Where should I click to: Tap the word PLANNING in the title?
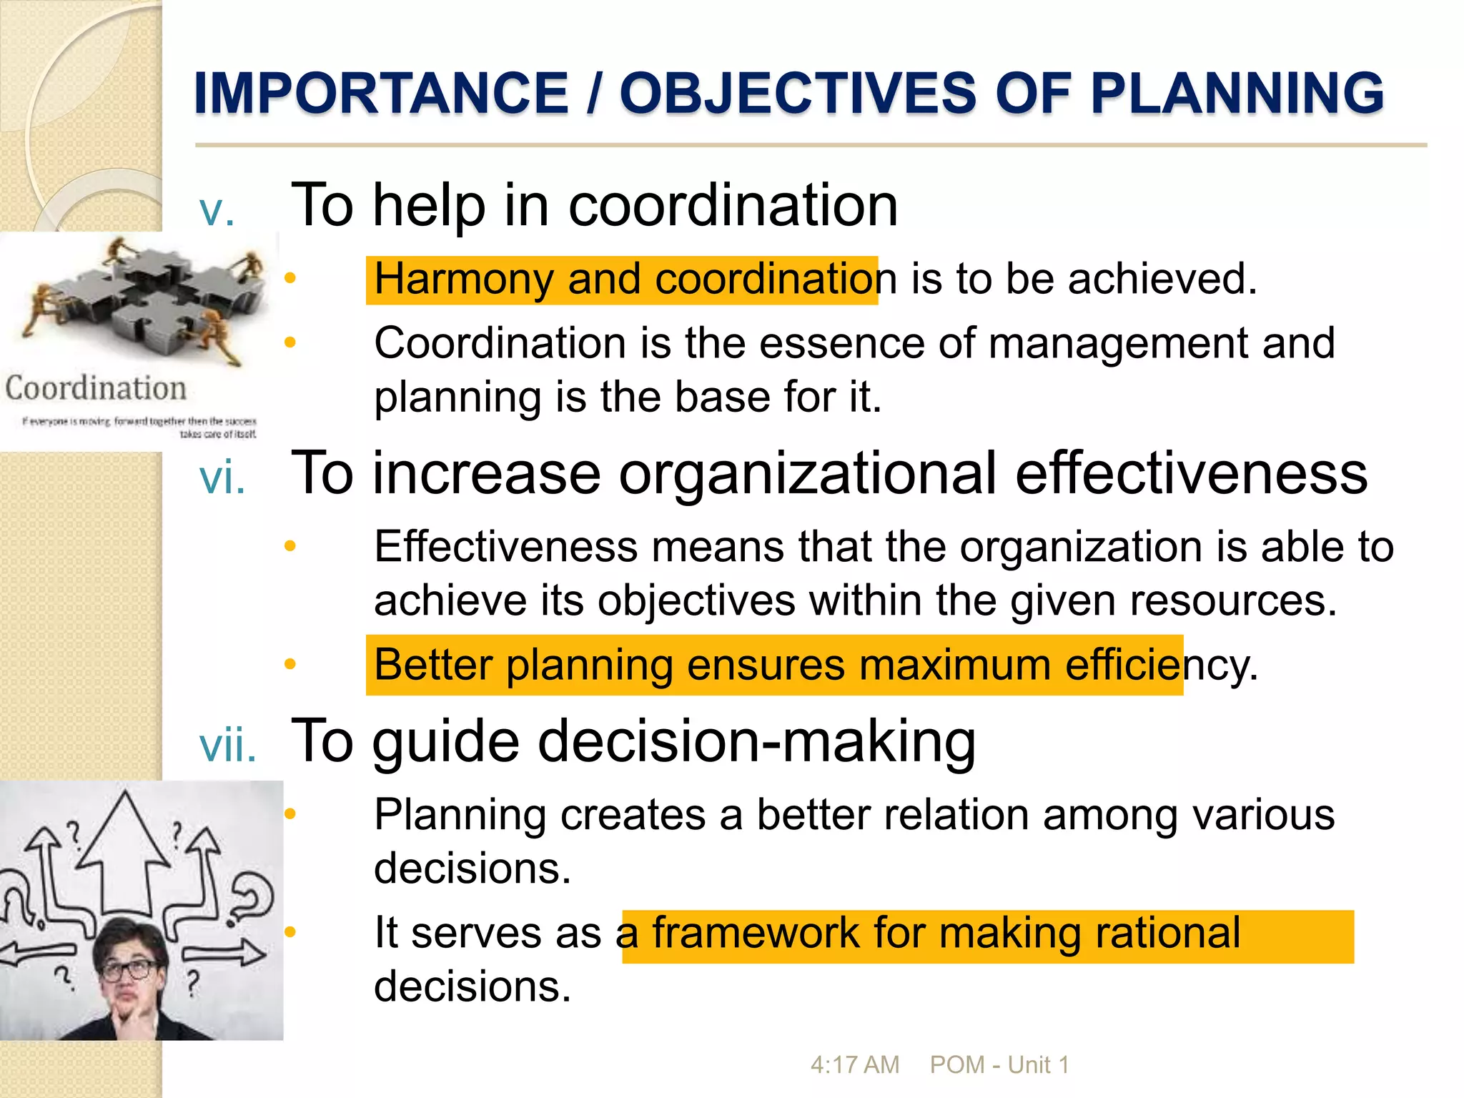tap(1237, 94)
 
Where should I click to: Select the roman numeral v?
tap(217, 211)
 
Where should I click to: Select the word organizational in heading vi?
tap(808, 473)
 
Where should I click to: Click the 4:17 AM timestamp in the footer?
tap(854, 1065)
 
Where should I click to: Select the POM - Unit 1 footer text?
tap(999, 1065)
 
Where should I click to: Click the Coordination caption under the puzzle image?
tap(96, 389)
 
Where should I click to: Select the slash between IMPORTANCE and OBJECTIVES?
tap(593, 94)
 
